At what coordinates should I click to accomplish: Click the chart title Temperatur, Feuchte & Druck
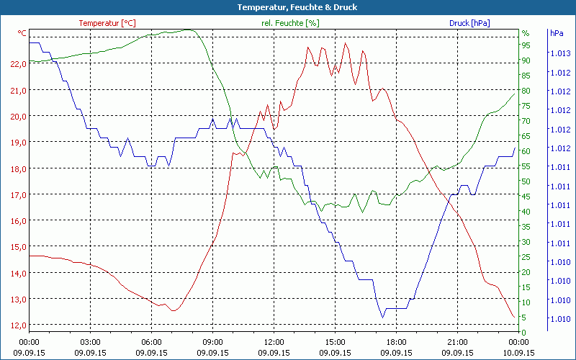(x=287, y=7)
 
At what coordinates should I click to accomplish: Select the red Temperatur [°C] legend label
(x=107, y=23)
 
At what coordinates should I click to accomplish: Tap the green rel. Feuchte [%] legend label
(x=290, y=23)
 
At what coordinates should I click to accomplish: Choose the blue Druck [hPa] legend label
(x=469, y=23)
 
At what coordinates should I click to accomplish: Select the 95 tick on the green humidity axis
(x=526, y=45)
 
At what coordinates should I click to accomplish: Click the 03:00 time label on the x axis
(x=90, y=342)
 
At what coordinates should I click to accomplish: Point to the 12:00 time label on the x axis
(x=274, y=342)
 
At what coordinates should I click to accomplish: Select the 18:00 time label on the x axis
(x=396, y=342)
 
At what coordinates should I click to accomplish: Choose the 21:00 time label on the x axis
(x=457, y=342)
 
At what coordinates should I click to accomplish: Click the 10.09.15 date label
(x=518, y=353)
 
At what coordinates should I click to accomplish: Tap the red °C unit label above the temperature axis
(x=22, y=33)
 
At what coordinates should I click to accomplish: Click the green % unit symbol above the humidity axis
(x=526, y=33)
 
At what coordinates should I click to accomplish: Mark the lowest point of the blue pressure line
(x=383, y=317)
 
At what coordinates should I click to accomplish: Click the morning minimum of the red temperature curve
(x=173, y=311)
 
